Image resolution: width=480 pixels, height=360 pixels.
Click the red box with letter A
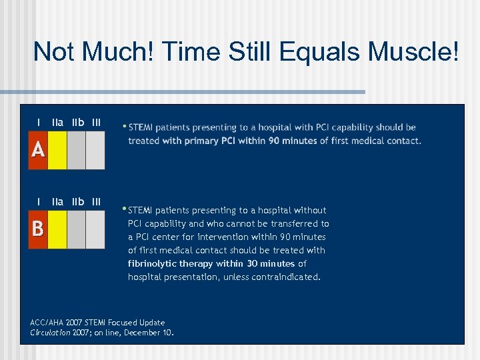point(38,150)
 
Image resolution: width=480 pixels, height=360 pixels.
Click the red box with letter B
point(38,229)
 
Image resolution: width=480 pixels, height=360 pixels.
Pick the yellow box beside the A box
point(57,150)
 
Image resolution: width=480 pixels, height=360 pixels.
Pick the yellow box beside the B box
point(57,229)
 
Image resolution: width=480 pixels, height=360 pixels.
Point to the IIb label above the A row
point(77,123)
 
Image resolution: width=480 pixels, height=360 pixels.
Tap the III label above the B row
point(97,201)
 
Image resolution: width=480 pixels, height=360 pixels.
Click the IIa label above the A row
point(58,123)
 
